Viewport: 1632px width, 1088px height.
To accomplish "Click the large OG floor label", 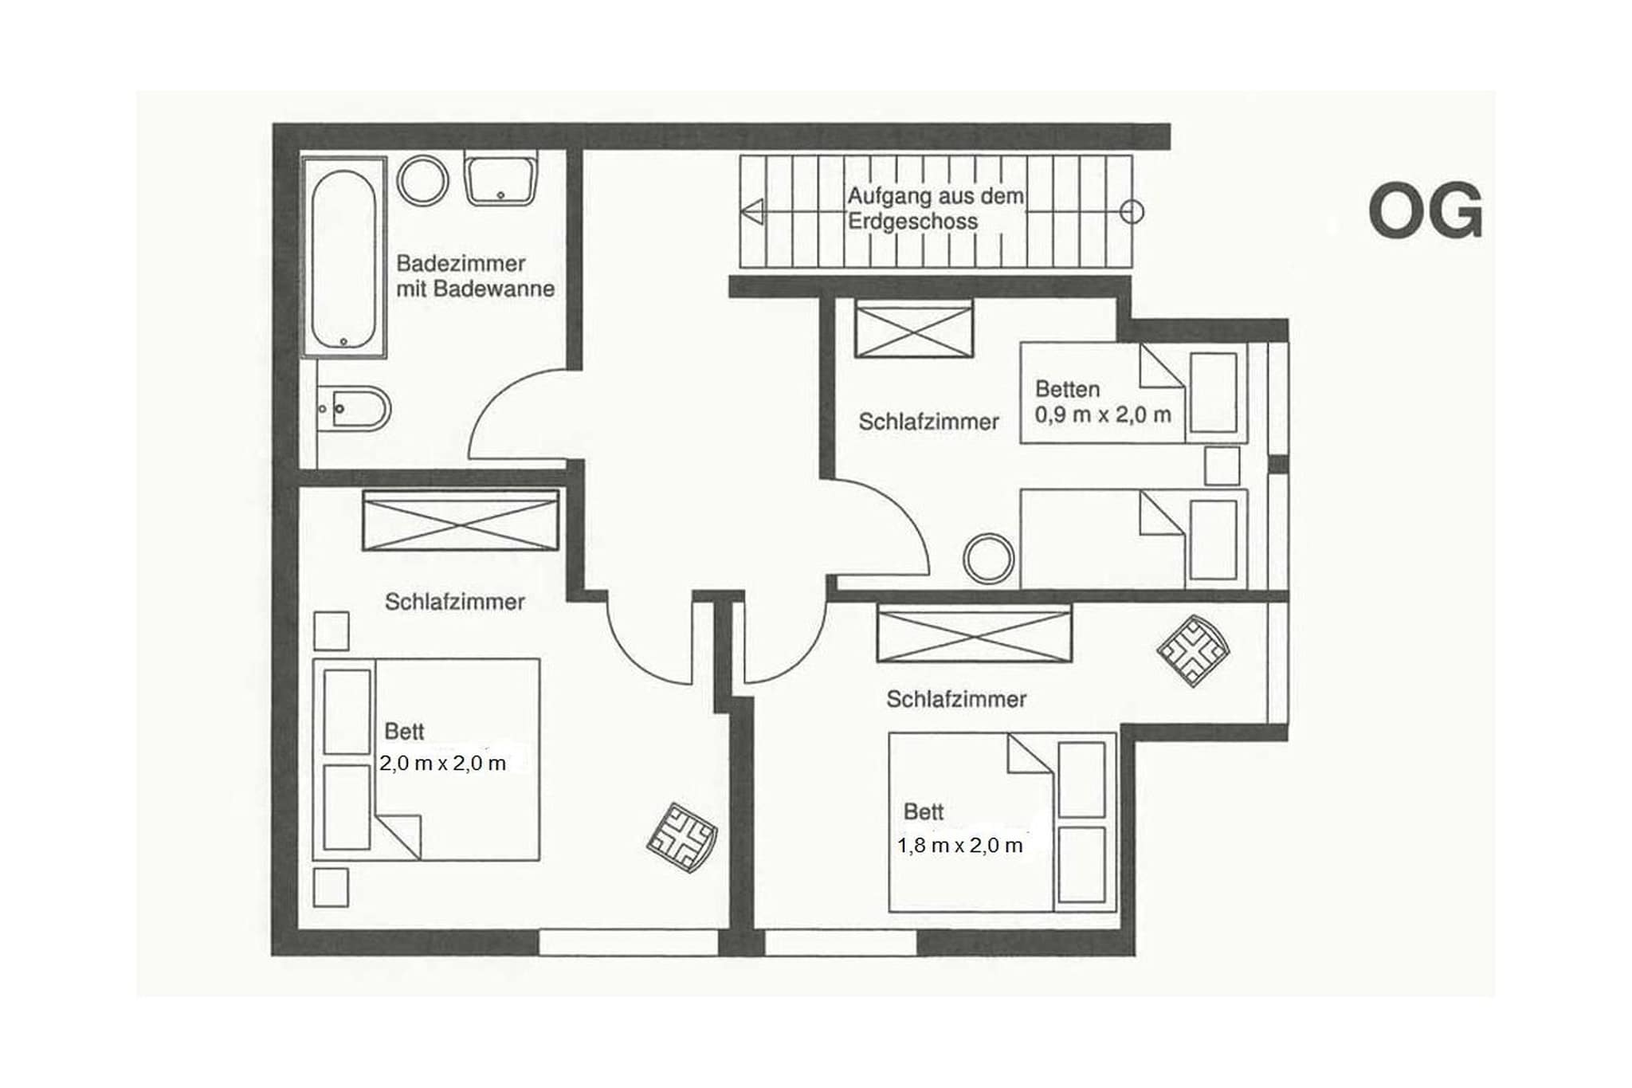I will coord(1425,211).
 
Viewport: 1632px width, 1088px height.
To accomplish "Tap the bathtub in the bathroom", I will coord(343,258).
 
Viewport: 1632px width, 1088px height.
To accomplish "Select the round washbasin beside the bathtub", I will coord(422,180).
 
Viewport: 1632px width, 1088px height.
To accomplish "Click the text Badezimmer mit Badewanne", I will coord(475,276).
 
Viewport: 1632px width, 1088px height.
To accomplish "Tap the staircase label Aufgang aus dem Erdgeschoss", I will coord(935,209).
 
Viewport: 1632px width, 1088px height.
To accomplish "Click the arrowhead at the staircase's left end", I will coord(753,212).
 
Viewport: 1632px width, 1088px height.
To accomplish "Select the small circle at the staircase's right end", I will coord(1132,212).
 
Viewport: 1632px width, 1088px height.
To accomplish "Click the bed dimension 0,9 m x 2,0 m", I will coord(1103,414).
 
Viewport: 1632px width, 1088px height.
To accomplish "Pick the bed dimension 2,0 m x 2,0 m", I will coord(442,764).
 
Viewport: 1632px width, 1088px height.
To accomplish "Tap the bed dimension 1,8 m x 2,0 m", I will coord(959,846).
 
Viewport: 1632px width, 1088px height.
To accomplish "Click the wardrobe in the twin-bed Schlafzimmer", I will coord(914,329).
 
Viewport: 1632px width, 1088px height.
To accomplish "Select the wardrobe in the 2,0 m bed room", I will coord(461,520).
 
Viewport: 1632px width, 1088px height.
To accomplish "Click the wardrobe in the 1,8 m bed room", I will coord(974,634).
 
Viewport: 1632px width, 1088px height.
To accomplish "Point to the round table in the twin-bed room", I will coord(988,558).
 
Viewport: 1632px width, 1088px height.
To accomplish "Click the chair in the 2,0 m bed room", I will coord(682,837).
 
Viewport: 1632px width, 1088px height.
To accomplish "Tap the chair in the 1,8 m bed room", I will coord(1193,650).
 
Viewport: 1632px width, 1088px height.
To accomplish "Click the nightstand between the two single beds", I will coord(1222,466).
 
